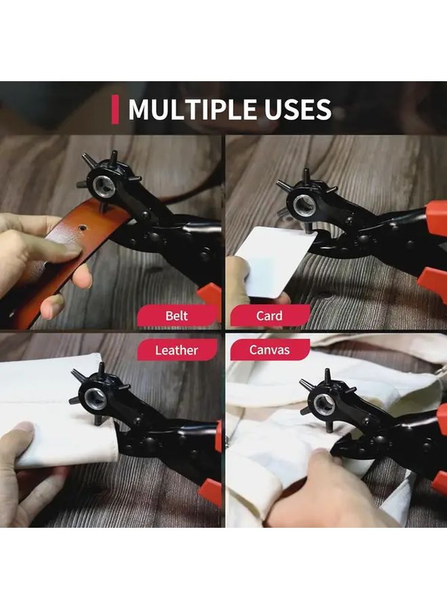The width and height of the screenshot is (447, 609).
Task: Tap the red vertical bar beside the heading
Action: (x=115, y=110)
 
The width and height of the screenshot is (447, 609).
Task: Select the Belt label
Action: (x=177, y=315)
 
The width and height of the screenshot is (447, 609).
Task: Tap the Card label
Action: (x=269, y=315)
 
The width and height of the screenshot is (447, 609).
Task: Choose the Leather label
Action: (x=177, y=350)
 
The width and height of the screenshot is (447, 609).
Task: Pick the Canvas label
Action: (x=269, y=350)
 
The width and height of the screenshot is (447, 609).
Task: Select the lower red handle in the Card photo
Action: (x=432, y=279)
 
